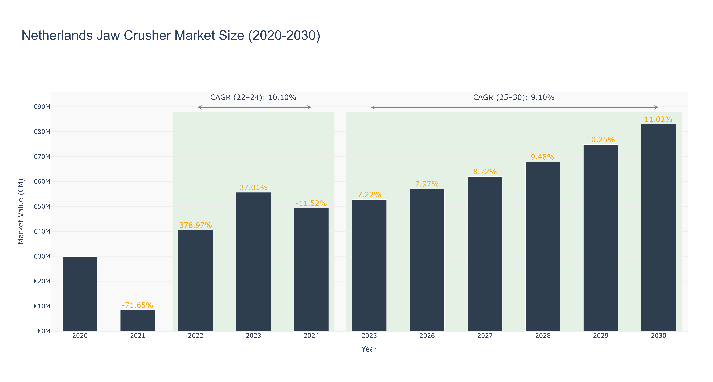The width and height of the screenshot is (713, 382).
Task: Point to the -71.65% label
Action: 138,305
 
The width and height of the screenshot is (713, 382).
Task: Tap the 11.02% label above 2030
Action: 659,119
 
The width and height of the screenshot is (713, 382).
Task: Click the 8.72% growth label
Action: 485,172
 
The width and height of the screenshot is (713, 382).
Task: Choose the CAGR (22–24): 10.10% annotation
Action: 253,97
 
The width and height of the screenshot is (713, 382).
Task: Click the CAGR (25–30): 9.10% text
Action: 514,97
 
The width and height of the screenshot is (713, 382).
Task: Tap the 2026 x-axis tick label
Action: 427,336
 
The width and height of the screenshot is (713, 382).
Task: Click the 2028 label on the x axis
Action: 543,336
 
